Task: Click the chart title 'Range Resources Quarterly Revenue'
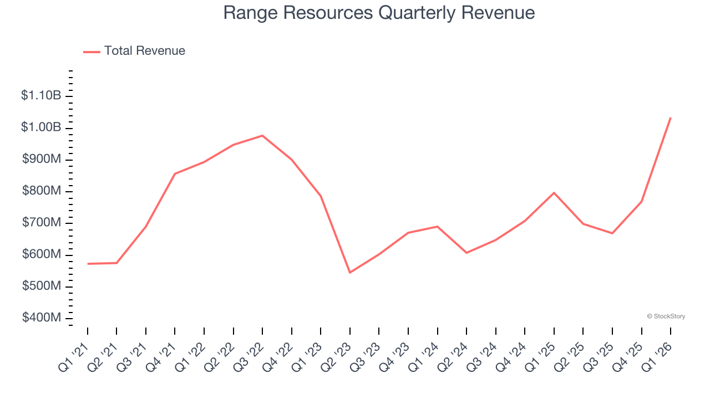coord(379,13)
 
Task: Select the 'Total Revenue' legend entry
coord(144,51)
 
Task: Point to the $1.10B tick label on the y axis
coord(41,96)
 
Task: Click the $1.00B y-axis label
coord(41,127)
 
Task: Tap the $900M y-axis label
coord(42,160)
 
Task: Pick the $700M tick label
coord(42,223)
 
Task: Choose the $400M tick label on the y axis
coord(42,318)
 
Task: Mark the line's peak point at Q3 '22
coord(262,136)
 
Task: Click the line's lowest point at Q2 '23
coord(350,273)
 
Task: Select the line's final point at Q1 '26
coord(671,117)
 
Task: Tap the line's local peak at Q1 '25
coord(554,193)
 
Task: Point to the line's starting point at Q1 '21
coord(88,264)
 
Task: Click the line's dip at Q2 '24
coord(466,253)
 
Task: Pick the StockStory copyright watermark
coord(666,316)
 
